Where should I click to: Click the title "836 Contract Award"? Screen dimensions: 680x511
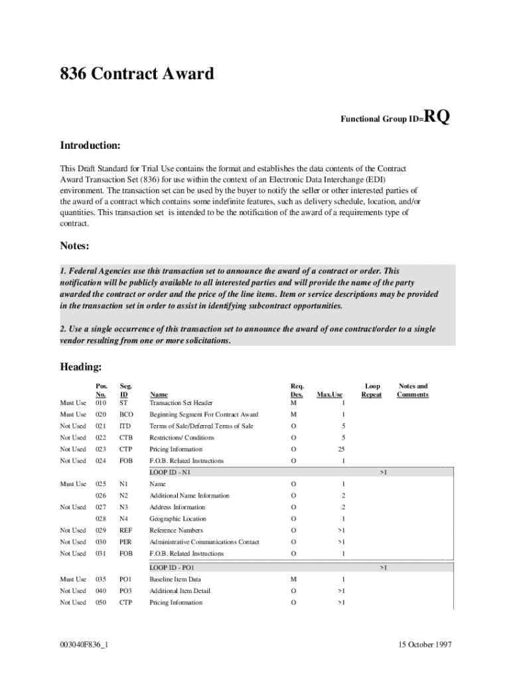point(137,74)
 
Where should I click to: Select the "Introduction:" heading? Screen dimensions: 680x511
point(90,145)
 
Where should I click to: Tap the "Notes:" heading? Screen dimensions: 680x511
point(74,246)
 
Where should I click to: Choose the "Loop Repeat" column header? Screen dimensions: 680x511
point(372,390)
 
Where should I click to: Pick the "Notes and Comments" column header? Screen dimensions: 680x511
point(412,390)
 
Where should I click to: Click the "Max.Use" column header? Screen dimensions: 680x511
point(330,394)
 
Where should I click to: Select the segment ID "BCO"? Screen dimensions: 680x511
point(126,414)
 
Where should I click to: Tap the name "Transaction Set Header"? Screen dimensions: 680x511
point(181,402)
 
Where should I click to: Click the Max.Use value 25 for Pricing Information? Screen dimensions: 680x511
point(340,450)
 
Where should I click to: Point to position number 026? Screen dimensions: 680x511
point(101,495)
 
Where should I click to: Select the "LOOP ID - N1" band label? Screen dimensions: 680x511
point(171,472)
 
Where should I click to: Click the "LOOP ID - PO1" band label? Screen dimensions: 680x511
point(172,568)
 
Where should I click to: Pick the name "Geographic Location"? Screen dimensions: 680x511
point(178,519)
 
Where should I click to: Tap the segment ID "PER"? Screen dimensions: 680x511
point(125,542)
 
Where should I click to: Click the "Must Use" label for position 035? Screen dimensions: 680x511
point(73,579)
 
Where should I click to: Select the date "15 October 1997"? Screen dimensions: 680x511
point(425,645)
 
